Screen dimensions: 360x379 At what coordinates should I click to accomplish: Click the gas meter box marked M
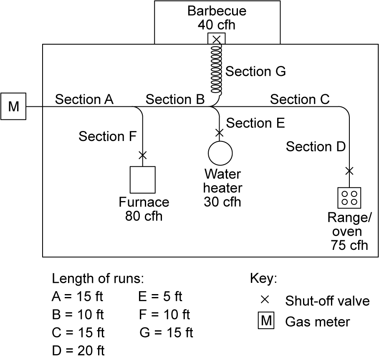[13, 106]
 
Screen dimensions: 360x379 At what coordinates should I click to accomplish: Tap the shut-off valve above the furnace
[143, 155]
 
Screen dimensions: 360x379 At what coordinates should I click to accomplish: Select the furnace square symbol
[143, 180]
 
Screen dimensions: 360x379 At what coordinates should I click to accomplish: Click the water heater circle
[220, 153]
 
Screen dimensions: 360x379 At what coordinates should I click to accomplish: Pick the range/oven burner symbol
[349, 198]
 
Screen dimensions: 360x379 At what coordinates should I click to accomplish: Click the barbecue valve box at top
[216, 39]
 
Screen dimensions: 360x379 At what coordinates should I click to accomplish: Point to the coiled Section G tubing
[216, 69]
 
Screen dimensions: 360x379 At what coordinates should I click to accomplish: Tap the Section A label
[84, 99]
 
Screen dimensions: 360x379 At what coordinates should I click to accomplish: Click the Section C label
[300, 99]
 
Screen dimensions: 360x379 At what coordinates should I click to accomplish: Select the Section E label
[255, 123]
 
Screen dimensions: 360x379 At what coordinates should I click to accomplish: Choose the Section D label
[316, 147]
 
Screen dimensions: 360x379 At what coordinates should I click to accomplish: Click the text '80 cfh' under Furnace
[144, 217]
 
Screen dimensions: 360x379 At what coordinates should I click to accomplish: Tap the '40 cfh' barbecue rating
[216, 25]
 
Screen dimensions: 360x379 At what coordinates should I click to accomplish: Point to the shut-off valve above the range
[349, 171]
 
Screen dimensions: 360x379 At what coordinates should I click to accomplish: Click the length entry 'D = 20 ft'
[78, 351]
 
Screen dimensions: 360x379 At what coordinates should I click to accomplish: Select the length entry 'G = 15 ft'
[166, 332]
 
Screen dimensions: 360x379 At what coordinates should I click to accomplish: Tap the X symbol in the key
[265, 300]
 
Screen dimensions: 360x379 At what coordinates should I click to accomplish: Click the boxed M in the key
[266, 321]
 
